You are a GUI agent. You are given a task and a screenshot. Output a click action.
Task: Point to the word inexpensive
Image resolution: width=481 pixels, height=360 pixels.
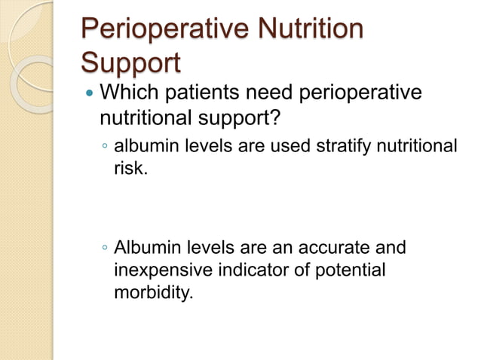[x=161, y=269]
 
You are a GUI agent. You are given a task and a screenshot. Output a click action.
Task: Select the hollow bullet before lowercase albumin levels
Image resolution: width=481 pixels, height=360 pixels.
[x=105, y=146]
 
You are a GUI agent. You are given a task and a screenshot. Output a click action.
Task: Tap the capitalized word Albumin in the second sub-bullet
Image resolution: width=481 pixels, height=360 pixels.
[x=146, y=248]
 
